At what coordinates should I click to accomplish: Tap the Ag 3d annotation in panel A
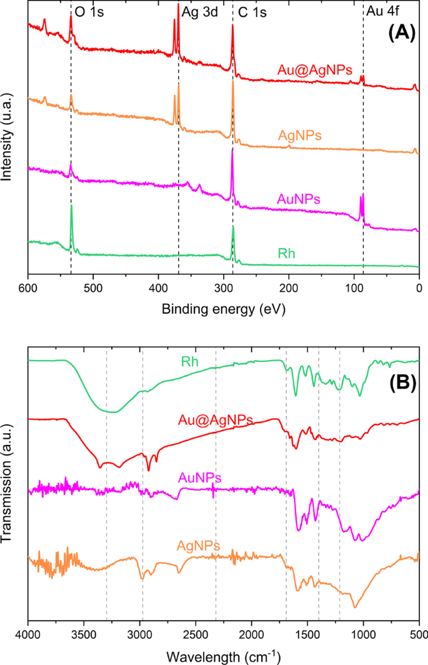199,12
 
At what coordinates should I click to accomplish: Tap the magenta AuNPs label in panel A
297,199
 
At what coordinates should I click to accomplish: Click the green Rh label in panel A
286,254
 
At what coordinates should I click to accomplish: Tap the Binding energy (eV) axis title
223,309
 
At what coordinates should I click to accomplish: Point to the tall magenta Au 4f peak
362,196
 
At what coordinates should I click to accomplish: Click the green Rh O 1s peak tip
71,206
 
